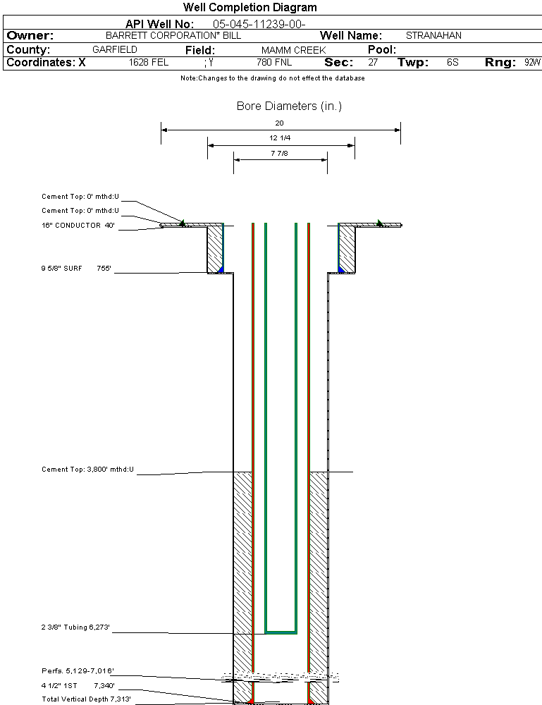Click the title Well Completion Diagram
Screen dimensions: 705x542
point(250,8)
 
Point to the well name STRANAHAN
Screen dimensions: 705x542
point(433,35)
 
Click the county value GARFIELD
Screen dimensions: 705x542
point(115,50)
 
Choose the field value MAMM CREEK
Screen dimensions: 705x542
point(293,50)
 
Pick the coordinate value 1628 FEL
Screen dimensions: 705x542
point(149,63)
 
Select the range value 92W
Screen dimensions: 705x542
point(532,63)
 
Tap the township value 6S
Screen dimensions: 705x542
point(452,63)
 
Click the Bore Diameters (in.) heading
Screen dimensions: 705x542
point(289,106)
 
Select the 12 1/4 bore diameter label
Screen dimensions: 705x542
point(280,138)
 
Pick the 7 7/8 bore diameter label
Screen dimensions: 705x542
point(280,153)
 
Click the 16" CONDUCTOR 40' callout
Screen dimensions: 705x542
point(78,226)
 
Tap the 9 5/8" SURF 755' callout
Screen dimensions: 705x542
point(76,269)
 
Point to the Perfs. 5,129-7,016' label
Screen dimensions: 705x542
point(78,670)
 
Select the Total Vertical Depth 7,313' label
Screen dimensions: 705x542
point(86,699)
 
